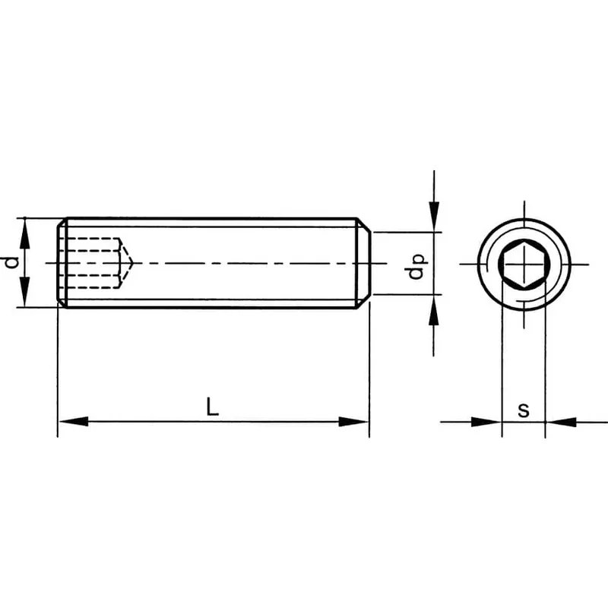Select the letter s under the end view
[523, 410]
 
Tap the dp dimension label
[416, 264]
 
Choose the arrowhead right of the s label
[560, 421]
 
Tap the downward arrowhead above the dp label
[433, 217]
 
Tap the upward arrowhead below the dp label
[433, 310]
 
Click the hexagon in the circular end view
[524, 264]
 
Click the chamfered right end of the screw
[364, 263]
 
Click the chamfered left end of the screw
[62, 263]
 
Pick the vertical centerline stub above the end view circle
[524, 210]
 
